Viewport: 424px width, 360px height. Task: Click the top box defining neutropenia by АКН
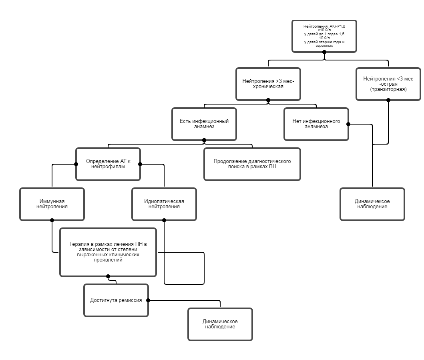coord(324,36)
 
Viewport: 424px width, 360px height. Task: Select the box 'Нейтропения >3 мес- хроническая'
coord(268,84)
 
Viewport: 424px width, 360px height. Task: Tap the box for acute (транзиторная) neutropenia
coord(388,84)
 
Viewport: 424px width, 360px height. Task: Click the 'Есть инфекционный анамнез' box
coord(204,124)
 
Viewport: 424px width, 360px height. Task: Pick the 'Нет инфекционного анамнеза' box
coord(316,124)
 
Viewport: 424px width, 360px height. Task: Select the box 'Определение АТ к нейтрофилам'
coord(108,164)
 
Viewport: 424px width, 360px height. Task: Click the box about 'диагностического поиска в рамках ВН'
coord(252,164)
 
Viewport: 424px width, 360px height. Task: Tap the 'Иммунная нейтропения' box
coord(52,204)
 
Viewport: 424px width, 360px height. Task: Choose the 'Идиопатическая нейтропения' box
coord(164,204)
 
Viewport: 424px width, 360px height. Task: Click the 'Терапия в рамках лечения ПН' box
coord(108,252)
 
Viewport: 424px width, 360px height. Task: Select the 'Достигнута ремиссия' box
coord(116,300)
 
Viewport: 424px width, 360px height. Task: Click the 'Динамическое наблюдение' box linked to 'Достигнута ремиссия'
coord(220,324)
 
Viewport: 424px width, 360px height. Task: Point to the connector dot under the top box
coord(324,52)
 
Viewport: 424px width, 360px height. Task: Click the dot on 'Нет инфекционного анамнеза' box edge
coord(348,124)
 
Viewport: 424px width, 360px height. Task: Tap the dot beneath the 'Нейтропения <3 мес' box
coord(388,100)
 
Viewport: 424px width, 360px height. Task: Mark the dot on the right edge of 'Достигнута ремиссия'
coord(148,300)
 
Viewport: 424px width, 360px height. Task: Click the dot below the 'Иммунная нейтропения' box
coord(52,220)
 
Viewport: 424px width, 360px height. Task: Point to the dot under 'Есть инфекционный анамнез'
coord(204,140)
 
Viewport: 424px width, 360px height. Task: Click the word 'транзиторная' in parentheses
coord(388,90)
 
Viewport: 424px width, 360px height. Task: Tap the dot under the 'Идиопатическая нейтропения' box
coord(164,220)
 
